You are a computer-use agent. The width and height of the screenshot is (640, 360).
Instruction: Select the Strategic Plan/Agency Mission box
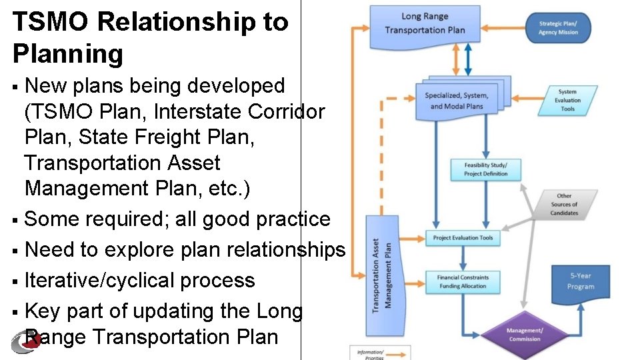click(x=558, y=28)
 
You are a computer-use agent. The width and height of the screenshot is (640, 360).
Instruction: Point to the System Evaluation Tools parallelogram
click(x=567, y=101)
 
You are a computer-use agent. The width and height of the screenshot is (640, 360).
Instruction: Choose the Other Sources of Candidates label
click(x=564, y=205)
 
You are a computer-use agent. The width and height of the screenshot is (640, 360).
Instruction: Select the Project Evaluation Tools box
click(x=463, y=238)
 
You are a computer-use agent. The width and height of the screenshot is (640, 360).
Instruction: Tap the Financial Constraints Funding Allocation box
click(x=463, y=281)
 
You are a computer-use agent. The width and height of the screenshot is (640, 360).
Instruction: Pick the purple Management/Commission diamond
click(x=524, y=335)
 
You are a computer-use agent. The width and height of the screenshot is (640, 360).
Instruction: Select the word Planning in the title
click(x=67, y=54)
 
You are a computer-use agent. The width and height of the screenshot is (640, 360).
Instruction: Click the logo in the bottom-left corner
click(x=24, y=341)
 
